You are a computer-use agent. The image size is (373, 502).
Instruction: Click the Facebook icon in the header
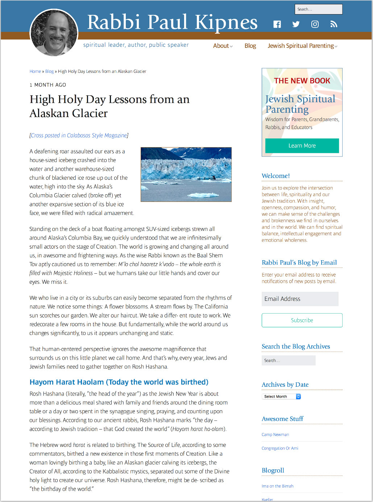point(277,24)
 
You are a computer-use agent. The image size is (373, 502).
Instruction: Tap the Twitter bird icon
point(296,24)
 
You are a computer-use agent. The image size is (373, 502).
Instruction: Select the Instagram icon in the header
point(315,24)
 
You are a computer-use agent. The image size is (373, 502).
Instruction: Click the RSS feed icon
point(334,24)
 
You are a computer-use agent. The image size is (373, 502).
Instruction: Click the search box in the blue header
point(318,9)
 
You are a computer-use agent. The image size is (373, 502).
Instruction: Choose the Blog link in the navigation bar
point(250,46)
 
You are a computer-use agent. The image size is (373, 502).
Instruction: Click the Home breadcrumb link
point(35,71)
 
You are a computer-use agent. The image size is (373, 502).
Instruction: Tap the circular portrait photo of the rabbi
point(54,33)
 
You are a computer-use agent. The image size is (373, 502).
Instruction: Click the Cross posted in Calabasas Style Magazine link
point(79,135)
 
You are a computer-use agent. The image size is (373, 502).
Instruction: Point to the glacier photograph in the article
point(186,174)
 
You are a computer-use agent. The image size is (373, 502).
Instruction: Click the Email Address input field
point(300,299)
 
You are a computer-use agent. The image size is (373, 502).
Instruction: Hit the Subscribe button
point(302,320)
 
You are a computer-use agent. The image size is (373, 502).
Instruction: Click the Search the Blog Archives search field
point(289,360)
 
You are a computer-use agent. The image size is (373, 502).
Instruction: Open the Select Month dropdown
point(281,397)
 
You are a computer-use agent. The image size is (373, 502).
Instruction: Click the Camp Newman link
point(275,435)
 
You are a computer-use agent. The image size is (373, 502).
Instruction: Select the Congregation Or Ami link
point(280,448)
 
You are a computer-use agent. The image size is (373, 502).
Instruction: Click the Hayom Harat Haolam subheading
point(119,382)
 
